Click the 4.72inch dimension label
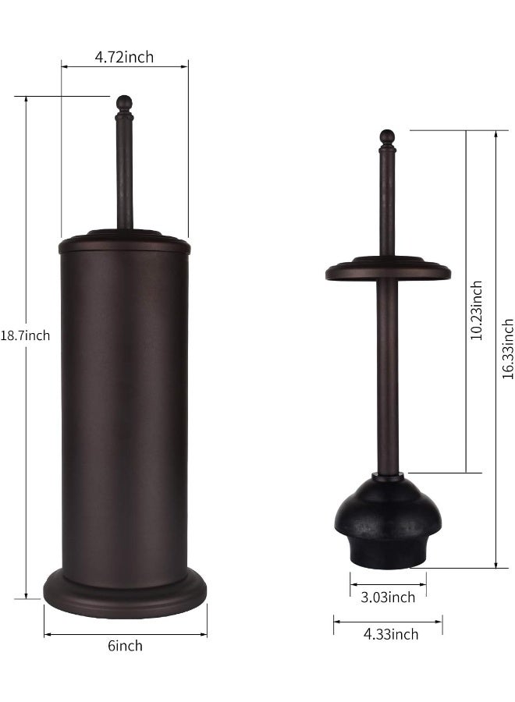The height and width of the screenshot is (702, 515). pos(124,56)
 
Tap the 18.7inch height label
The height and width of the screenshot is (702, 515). pos(25,335)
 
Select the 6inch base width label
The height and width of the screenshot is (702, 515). pos(125,645)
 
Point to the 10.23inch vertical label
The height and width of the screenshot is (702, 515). pos(477,310)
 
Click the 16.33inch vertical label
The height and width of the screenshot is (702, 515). pos(507,348)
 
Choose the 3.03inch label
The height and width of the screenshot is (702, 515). pos(388,597)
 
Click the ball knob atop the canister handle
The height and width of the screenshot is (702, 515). pos(124,102)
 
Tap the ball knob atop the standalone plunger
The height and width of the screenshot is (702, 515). pos(388,136)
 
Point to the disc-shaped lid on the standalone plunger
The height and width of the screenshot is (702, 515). pos(388,269)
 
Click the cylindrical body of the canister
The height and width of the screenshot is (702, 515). pos(125,406)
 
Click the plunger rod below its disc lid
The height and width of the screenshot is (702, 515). pos(388,374)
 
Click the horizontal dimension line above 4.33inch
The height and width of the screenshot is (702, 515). pos(388,621)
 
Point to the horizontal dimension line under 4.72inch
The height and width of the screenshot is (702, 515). pos(124,67)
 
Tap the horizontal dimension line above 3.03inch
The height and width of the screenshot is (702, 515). pos(388,583)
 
